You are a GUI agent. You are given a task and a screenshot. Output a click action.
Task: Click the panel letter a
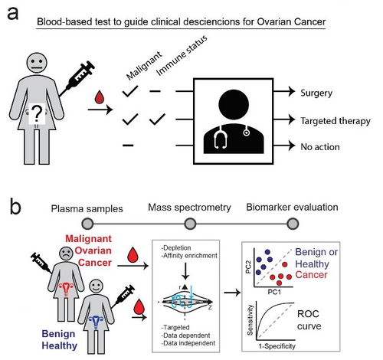[13, 14]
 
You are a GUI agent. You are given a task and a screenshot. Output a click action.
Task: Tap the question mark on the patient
[37, 114]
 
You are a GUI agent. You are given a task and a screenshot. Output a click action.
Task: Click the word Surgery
[316, 93]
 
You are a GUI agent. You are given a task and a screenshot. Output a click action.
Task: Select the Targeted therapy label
[336, 121]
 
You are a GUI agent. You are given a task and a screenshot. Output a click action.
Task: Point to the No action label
[320, 147]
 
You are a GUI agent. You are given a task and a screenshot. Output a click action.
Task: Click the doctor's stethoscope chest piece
[247, 133]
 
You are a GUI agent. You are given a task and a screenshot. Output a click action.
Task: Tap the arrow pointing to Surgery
[284, 91]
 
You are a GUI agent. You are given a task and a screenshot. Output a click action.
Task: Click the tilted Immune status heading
[182, 56]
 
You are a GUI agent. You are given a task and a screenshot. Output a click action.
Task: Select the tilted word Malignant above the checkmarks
[144, 66]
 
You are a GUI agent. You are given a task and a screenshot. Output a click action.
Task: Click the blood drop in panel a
[100, 97]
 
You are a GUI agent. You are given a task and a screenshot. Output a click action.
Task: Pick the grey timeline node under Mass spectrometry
[190, 224]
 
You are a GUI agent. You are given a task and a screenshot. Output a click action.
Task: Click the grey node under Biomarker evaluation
[293, 224]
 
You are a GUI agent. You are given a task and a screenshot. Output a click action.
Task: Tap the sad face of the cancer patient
[67, 254]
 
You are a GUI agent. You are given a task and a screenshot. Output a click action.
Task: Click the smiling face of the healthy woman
[97, 286]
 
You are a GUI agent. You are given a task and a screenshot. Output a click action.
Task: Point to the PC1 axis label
[274, 292]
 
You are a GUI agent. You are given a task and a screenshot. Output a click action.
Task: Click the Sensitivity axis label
[250, 320]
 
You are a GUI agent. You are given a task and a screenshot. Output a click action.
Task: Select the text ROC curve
[309, 320]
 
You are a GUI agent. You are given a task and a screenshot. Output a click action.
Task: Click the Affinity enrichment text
[189, 256]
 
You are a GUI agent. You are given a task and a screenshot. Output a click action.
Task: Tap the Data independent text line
[188, 343]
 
